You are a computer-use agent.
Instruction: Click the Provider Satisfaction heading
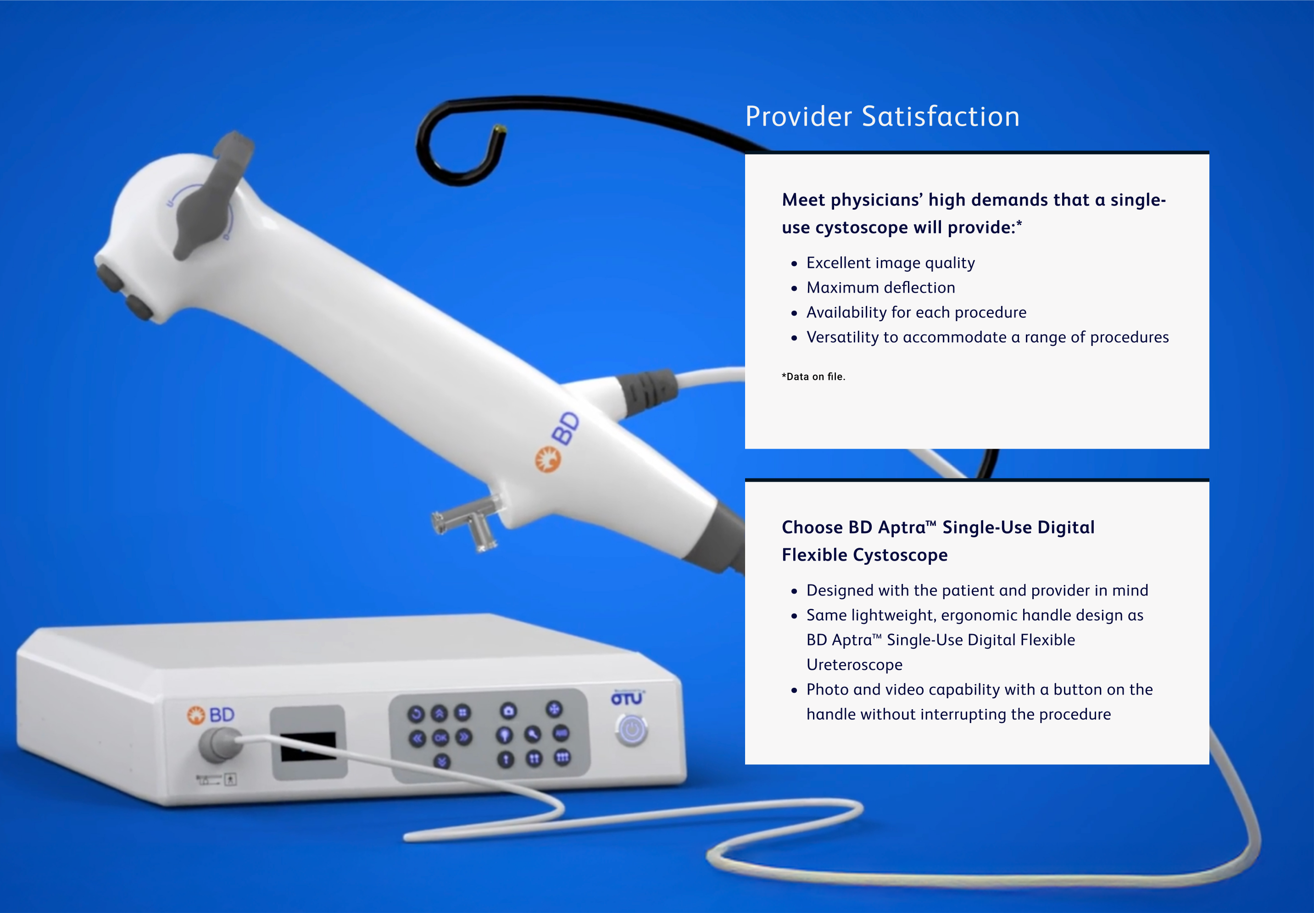pyautogui.click(x=881, y=117)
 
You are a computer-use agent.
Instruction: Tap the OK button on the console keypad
pyautogui.click(x=440, y=737)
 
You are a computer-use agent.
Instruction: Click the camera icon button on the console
pyautogui.click(x=508, y=711)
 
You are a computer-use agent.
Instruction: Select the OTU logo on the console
pyautogui.click(x=626, y=698)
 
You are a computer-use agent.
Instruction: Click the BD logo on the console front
pyautogui.click(x=211, y=715)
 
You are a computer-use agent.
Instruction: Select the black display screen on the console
pyautogui.click(x=308, y=746)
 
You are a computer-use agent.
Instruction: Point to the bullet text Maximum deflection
pyautogui.click(x=880, y=288)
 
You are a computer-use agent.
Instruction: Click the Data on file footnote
pyautogui.click(x=813, y=376)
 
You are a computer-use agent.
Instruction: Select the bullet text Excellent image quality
pyautogui.click(x=890, y=263)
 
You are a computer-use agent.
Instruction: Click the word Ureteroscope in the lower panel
pyautogui.click(x=854, y=665)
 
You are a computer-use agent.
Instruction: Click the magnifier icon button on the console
pyautogui.click(x=533, y=735)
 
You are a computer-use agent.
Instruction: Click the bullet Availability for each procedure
pyautogui.click(x=916, y=312)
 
